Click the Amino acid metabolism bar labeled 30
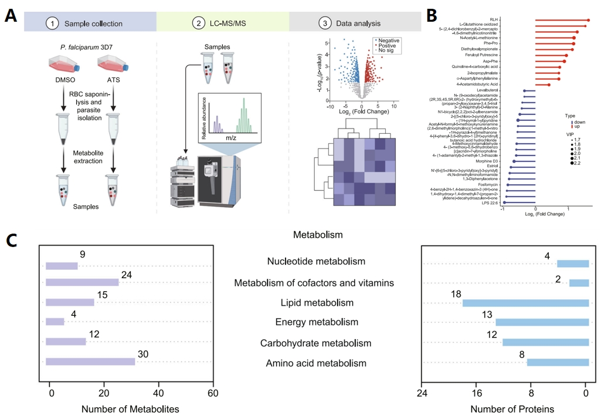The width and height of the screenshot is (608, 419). pos(90,364)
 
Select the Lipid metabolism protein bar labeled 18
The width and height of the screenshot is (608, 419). pos(526,303)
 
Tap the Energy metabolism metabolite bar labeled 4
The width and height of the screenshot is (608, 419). pos(55,322)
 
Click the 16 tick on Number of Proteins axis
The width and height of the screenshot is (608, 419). pos(477,392)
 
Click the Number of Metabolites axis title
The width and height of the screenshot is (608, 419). pos(130,408)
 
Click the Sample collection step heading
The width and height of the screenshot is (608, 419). pos(93,24)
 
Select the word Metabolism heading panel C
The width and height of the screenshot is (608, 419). pos(318,235)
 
